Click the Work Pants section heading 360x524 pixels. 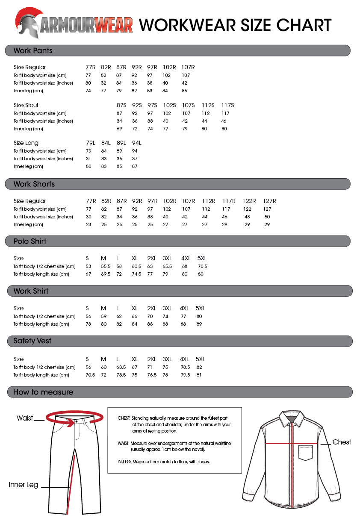tap(33, 51)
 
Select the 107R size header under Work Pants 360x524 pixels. tap(188, 67)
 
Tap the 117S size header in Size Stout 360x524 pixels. tap(227, 105)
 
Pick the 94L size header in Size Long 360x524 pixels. tap(137, 143)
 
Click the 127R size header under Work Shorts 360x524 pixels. tap(269, 201)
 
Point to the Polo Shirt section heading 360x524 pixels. tap(30, 241)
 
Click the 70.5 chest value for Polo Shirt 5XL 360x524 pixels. tap(202, 266)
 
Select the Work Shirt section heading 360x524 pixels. tap(31, 291)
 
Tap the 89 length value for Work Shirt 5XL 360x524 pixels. tap(199, 324)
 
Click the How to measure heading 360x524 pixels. tap(43, 392)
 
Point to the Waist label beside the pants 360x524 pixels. tap(25, 418)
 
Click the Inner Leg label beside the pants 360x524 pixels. tap(24, 485)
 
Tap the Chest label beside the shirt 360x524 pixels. tap(342, 442)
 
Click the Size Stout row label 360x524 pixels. tap(26, 105)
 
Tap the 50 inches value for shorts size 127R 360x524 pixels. tap(267, 217)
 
